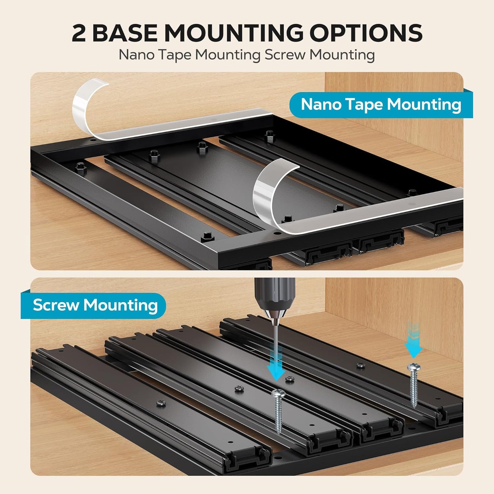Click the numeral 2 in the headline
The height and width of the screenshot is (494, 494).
coord(78,33)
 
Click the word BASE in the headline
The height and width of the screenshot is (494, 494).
coord(124,33)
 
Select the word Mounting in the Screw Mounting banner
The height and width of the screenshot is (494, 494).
coord(120,306)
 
